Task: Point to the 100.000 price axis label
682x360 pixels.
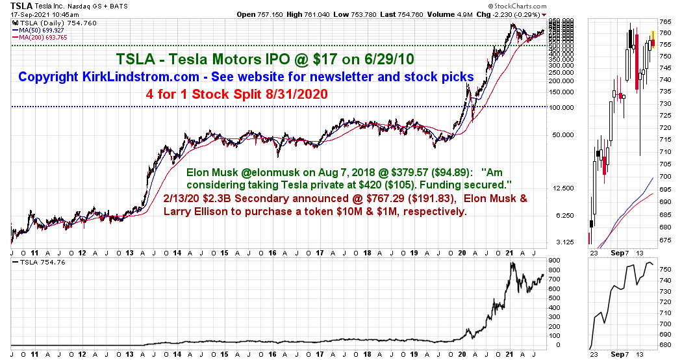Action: click(x=560, y=107)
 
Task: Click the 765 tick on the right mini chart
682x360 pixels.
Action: click(x=665, y=22)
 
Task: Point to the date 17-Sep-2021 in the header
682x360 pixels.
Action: click(x=29, y=14)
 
